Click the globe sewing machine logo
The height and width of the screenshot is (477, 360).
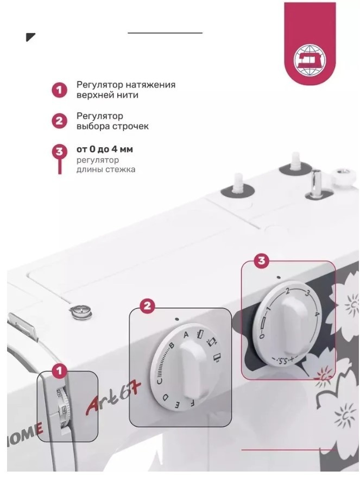coord(309,60)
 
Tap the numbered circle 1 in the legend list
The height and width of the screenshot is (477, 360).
coord(59,90)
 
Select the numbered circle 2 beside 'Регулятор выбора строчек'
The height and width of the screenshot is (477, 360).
coord(59,121)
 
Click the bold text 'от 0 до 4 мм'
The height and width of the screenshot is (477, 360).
coord(105,149)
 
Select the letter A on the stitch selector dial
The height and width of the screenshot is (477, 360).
coord(186,335)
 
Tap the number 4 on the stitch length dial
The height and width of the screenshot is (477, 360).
coord(317,314)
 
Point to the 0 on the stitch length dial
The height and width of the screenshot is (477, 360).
coord(261,336)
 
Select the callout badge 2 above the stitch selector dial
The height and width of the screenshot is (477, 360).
coord(147,305)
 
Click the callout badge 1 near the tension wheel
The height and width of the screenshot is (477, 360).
coord(59,371)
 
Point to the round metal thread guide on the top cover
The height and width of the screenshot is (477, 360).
coord(80,312)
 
